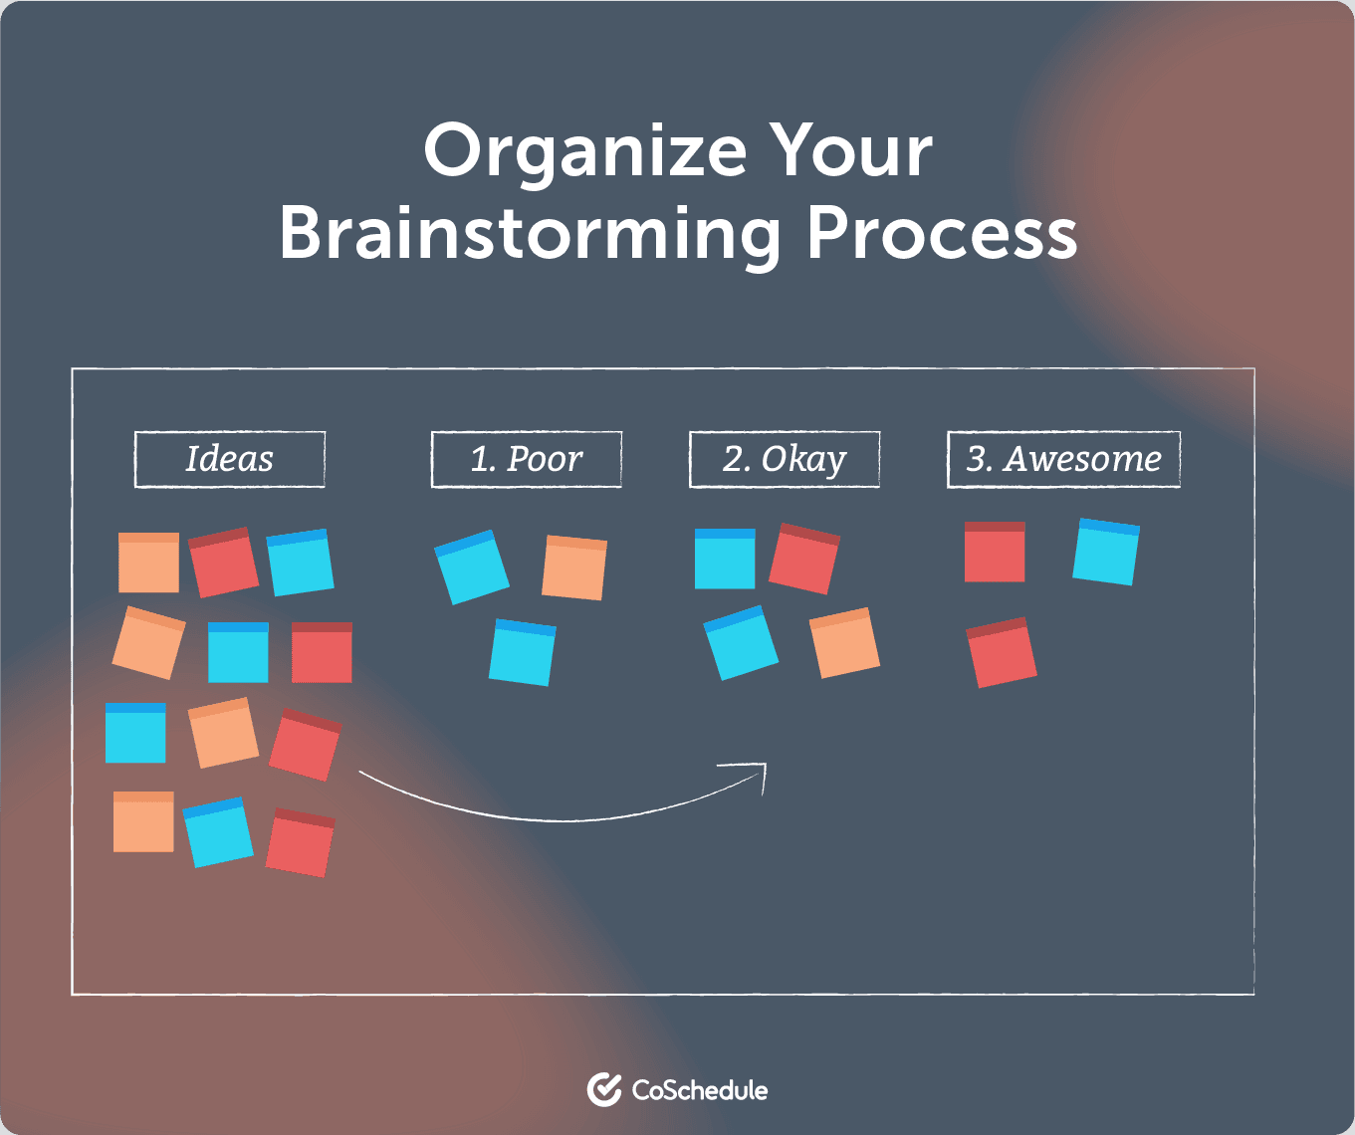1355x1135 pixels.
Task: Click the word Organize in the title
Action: (585, 153)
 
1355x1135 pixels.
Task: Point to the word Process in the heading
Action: (941, 232)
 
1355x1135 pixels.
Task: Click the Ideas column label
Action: (230, 459)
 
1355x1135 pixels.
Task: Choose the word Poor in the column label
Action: (545, 459)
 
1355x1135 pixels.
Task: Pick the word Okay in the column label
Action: (803, 460)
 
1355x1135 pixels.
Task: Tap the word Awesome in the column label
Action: (1082, 459)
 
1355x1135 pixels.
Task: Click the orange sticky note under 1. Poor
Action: (574, 567)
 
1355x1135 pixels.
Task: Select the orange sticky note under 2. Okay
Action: (844, 642)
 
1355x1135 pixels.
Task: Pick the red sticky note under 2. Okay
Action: (804, 559)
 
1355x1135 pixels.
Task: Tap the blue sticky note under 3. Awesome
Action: (1106, 552)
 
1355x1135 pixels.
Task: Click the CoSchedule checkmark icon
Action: (604, 1089)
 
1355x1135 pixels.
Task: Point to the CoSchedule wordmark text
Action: (700, 1090)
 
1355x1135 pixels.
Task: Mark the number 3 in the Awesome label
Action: (979, 459)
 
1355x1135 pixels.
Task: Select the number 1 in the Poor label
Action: (482, 459)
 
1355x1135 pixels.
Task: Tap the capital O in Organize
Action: (452, 150)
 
